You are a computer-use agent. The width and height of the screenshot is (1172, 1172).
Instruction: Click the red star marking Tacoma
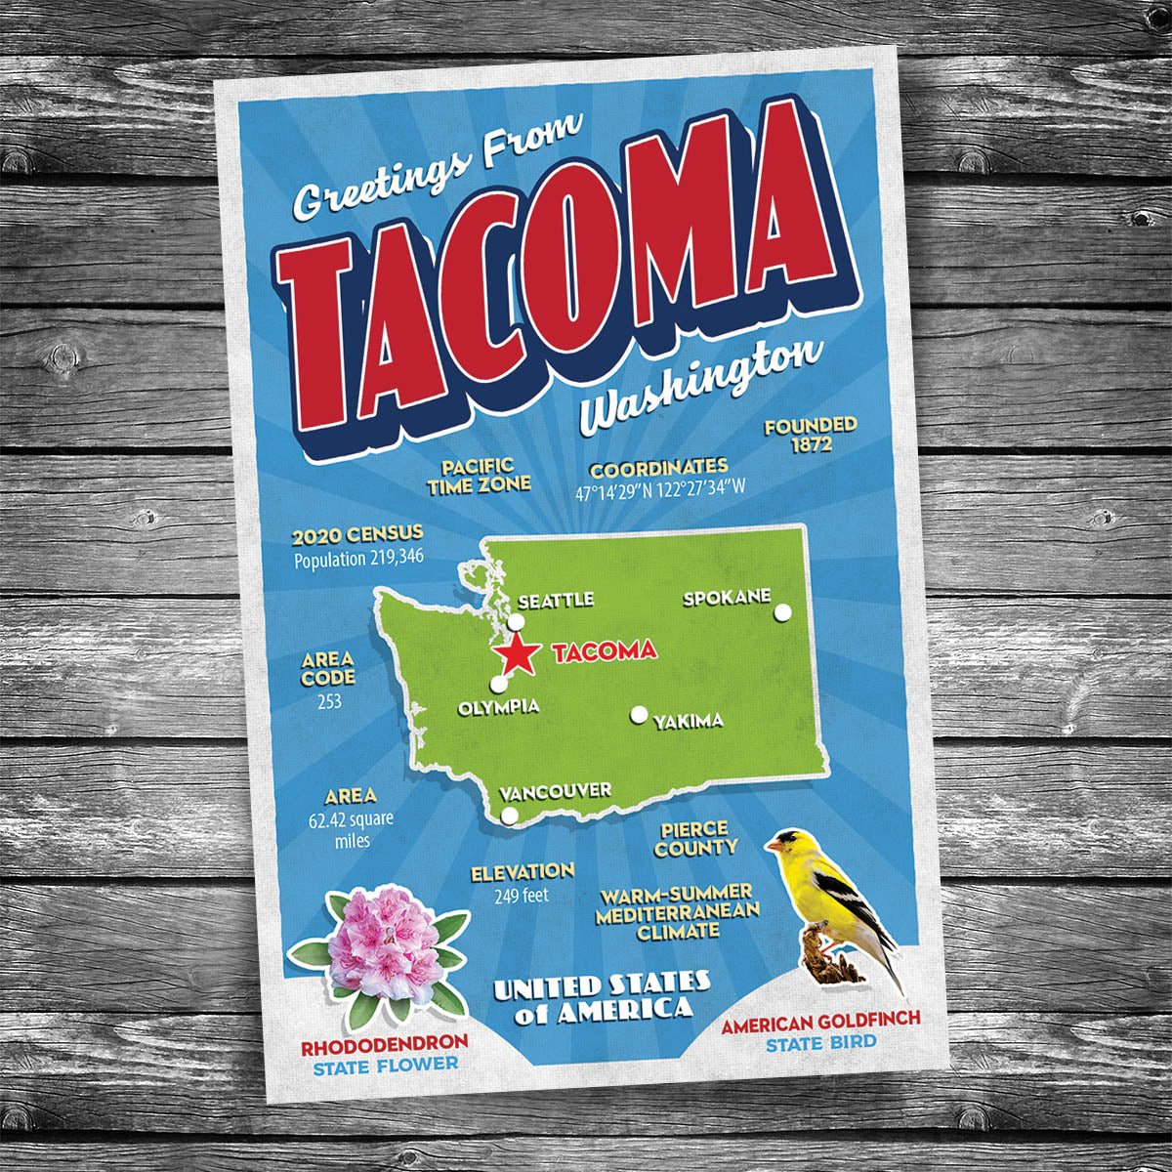click(x=517, y=653)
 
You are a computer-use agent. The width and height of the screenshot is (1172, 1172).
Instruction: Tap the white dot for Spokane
click(x=782, y=612)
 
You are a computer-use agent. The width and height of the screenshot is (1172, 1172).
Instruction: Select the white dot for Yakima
click(x=639, y=715)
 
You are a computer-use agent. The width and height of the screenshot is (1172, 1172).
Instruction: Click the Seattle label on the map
click(x=556, y=601)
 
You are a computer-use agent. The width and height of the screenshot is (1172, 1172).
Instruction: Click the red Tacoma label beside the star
click(x=605, y=651)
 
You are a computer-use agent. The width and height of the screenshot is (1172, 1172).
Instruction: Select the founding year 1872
click(x=812, y=445)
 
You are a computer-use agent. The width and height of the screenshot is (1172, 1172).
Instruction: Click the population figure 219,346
click(x=384, y=560)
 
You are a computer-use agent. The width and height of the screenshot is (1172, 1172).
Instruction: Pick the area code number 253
click(x=328, y=701)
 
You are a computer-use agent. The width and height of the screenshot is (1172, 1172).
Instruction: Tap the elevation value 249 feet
click(x=522, y=895)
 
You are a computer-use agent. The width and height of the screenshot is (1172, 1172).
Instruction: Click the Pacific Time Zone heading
click(x=480, y=476)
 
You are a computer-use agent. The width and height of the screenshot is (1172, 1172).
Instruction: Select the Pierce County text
click(x=694, y=839)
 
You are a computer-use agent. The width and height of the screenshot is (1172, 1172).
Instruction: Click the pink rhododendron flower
click(x=384, y=944)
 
